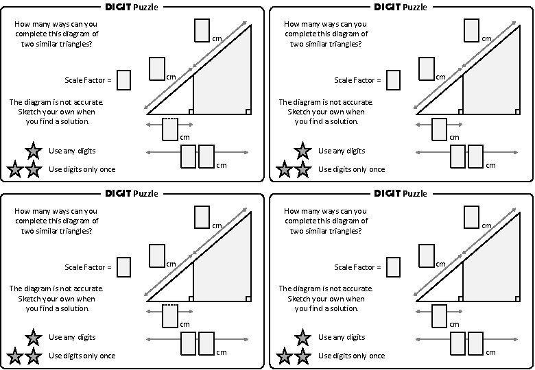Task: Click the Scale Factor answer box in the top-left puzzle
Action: [124, 80]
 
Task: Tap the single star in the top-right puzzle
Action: [302, 151]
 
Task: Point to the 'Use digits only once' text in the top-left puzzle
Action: [82, 169]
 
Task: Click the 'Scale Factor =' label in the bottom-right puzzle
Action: [357, 267]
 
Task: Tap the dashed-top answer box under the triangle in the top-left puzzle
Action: [170, 129]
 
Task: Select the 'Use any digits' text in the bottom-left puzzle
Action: [73, 337]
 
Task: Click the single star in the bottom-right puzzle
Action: [302, 337]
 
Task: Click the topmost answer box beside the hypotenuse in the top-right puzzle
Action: [471, 30]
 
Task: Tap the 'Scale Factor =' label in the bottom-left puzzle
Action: [88, 267]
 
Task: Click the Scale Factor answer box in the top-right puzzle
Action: [394, 80]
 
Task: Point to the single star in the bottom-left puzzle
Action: [33, 337]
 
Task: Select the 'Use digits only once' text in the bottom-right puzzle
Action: [352, 356]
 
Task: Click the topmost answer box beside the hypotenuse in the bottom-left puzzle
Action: [202, 217]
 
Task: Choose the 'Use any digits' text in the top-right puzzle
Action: [342, 151]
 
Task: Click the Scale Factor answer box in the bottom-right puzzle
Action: [394, 267]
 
